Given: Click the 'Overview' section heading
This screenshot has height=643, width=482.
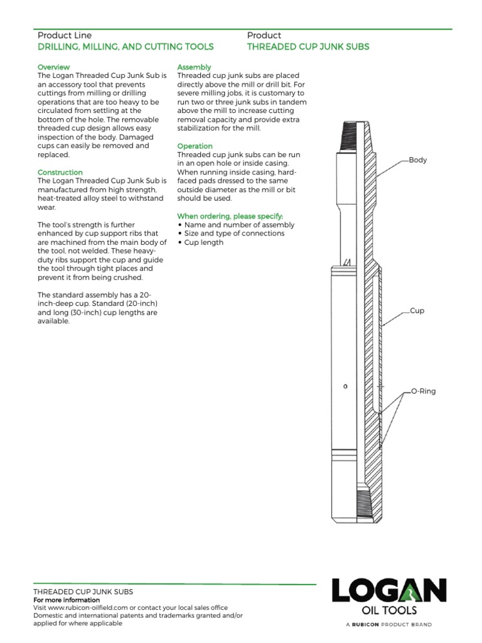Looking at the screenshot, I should coord(54,67).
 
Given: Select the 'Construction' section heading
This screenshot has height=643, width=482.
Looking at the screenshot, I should coord(60,172).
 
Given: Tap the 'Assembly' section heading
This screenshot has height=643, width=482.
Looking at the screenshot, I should coord(195,67).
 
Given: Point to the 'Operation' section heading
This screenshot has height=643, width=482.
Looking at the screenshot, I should coord(195,146).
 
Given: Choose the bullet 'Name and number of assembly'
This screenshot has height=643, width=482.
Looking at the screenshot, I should coord(236,225).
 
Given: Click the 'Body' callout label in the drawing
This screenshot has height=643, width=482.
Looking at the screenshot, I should coord(417,160).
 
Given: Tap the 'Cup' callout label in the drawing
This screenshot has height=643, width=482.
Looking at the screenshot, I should coord(417,311).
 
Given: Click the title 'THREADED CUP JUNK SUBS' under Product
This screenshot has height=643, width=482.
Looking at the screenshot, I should coord(308,46).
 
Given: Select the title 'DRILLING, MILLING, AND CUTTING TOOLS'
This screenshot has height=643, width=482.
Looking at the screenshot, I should coord(126,46).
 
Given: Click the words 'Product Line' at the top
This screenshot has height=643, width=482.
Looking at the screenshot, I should coord(65,35).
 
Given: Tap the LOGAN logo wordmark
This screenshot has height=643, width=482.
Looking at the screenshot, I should coord(389,591).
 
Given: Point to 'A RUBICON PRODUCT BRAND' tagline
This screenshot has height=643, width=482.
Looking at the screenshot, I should coord(389,624).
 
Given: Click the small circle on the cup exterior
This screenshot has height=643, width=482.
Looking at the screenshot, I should coord(345,386).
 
